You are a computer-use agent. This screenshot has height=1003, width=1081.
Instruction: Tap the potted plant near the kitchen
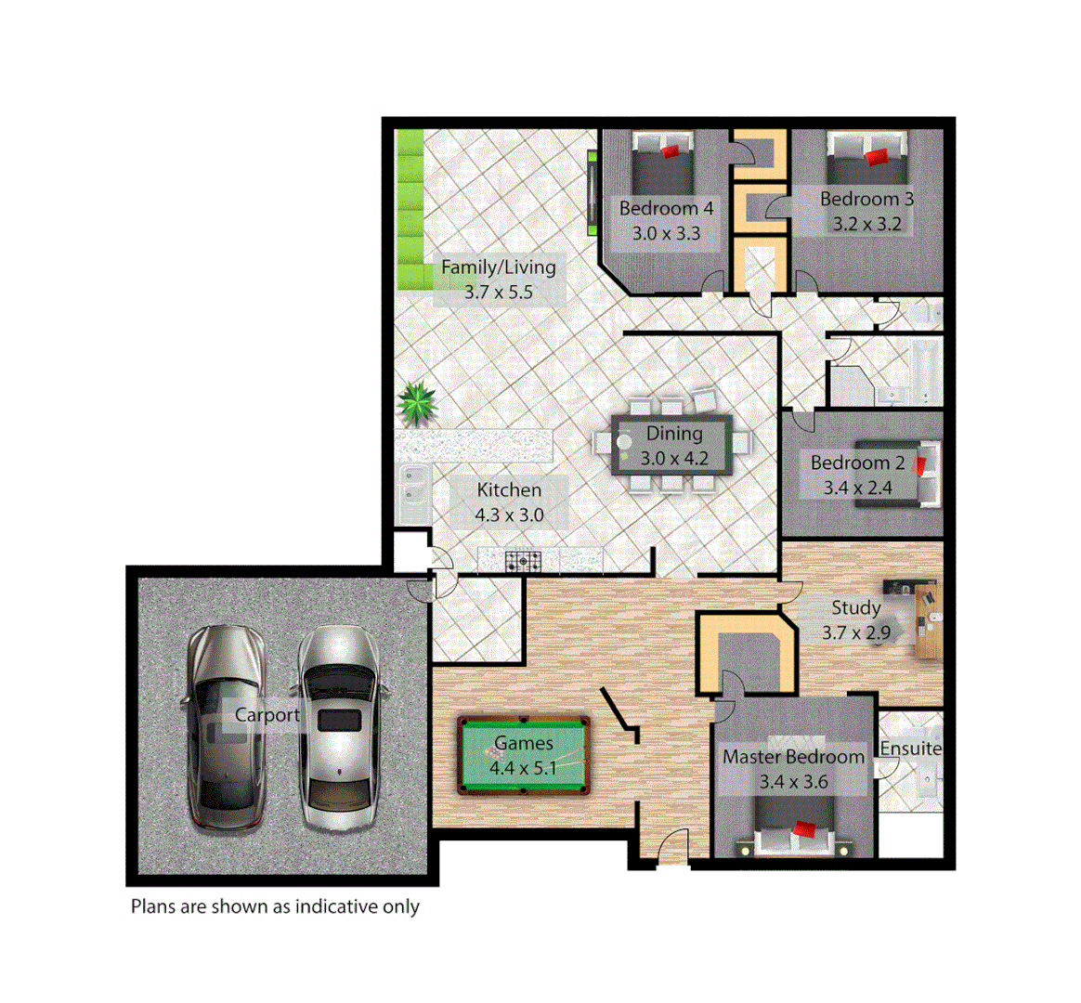click(416, 404)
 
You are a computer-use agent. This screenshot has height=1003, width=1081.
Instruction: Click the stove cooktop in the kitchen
click(524, 561)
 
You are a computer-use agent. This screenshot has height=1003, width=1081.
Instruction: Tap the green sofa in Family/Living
click(410, 211)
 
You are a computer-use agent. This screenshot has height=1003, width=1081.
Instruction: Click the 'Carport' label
click(267, 715)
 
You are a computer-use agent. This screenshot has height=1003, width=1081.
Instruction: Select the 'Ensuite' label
click(910, 749)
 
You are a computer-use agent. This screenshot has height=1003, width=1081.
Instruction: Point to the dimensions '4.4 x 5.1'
click(524, 768)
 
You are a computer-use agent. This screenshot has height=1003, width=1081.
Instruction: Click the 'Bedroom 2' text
click(857, 462)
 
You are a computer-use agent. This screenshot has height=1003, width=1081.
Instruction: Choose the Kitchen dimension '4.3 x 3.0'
click(509, 515)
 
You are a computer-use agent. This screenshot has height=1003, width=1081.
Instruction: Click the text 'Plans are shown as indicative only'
click(275, 906)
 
